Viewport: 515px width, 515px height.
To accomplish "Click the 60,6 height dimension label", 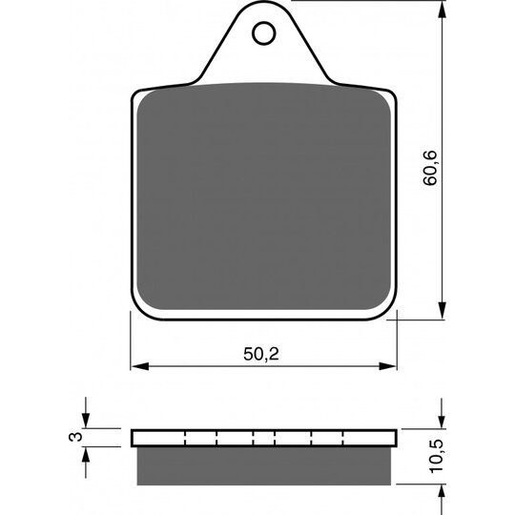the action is click(x=430, y=168).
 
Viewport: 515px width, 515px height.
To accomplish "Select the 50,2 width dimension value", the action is click(x=261, y=354).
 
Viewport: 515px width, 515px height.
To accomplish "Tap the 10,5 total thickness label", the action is click(x=437, y=457).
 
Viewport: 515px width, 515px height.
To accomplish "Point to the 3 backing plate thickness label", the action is click(x=76, y=437).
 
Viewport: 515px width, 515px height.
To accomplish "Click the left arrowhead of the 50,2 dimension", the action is click(x=139, y=366).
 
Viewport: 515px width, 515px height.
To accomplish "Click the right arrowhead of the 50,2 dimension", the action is click(x=388, y=366).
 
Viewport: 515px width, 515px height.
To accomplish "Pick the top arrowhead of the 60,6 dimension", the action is click(x=443, y=10).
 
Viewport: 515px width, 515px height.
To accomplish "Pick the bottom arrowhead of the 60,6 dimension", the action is click(x=443, y=310).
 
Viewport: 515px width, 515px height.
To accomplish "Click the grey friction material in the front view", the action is click(x=264, y=196).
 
